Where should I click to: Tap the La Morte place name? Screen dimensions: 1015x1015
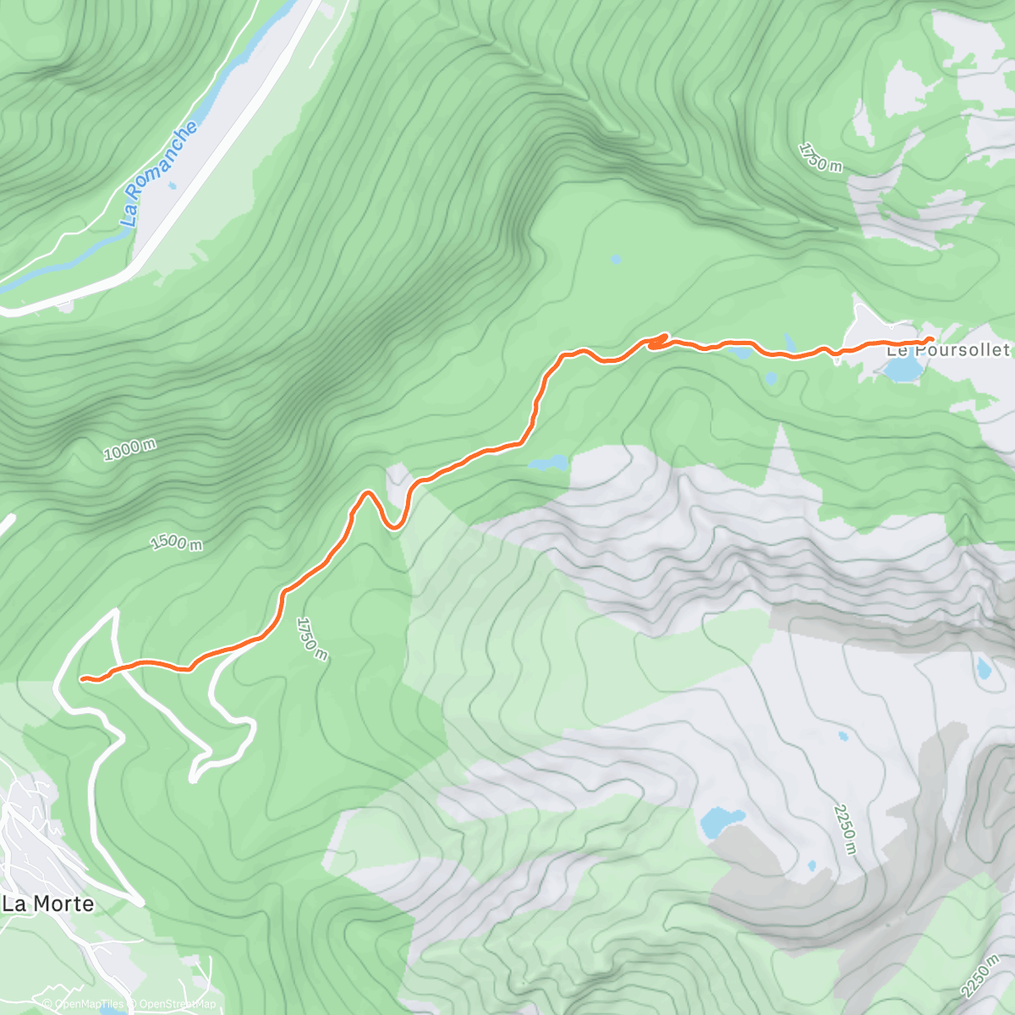click(x=47, y=903)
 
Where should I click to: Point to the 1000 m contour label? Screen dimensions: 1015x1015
click(x=129, y=449)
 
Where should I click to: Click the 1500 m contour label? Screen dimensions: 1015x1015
click(x=176, y=541)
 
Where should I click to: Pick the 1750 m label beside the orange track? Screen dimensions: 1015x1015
click(x=310, y=639)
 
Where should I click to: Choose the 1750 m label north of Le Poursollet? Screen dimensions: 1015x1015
click(x=820, y=157)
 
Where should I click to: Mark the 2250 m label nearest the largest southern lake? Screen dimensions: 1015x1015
click(x=845, y=829)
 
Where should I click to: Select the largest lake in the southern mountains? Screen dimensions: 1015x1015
click(x=721, y=820)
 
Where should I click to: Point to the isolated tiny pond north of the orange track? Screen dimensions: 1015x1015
click(x=615, y=258)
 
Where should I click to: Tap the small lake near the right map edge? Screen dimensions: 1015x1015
click(x=983, y=668)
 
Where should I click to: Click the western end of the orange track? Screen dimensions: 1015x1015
click(x=82, y=678)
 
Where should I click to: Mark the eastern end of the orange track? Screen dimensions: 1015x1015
click(x=931, y=339)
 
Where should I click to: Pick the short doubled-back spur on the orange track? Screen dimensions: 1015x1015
click(x=658, y=341)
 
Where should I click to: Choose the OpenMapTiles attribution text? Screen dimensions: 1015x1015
click(x=89, y=1005)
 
